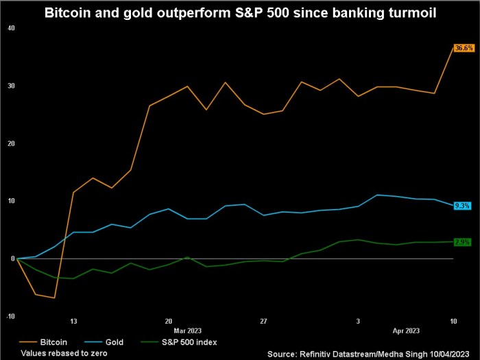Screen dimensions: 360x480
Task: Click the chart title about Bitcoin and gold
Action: tap(239, 12)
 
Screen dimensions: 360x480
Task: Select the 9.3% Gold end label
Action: tap(461, 205)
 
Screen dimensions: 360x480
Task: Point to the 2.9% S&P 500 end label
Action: tap(461, 242)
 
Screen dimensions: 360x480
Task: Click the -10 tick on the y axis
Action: tap(10, 316)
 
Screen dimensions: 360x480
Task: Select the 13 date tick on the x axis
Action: tap(73, 320)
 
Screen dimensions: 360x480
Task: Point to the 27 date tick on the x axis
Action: tap(263, 320)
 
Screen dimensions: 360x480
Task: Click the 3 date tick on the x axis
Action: tap(358, 320)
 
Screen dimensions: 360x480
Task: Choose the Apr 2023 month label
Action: tap(405, 329)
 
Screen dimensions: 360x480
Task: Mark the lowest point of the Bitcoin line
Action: tap(54, 298)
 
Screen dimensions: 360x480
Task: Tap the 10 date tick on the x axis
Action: tap(453, 320)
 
